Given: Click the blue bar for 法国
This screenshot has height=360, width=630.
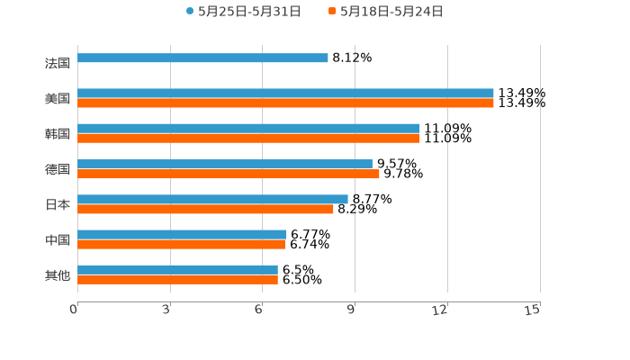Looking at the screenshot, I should click(x=202, y=58).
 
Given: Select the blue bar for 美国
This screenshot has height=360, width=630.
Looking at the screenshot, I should click(x=285, y=93).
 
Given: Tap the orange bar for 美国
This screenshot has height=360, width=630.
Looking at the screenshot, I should click(x=285, y=103).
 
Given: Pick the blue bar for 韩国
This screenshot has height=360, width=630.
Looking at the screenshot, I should click(x=248, y=128).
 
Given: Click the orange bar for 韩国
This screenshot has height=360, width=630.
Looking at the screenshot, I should click(x=248, y=139).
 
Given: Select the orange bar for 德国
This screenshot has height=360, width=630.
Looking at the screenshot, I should click(x=229, y=174).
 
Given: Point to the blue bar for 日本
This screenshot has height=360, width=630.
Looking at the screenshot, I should click(x=212, y=199).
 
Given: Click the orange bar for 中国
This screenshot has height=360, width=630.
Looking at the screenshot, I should click(x=181, y=244).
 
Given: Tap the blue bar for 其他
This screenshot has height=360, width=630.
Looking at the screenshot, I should click(x=177, y=269).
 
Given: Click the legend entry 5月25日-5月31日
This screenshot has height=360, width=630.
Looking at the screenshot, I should click(x=243, y=12).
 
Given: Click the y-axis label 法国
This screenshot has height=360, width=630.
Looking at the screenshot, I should click(x=58, y=63).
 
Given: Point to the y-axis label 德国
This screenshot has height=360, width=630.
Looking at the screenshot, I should click(x=58, y=169).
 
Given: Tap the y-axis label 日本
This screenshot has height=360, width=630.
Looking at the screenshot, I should click(x=58, y=204).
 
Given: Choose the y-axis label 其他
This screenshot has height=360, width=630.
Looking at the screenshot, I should click(x=58, y=274).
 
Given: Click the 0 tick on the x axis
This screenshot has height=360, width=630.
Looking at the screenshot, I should click(x=75, y=310).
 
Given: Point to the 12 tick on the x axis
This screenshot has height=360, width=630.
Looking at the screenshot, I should click(x=441, y=310).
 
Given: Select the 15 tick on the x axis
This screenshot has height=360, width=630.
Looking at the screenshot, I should click(x=533, y=310).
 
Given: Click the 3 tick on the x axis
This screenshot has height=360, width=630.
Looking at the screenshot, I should click(x=167, y=310).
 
